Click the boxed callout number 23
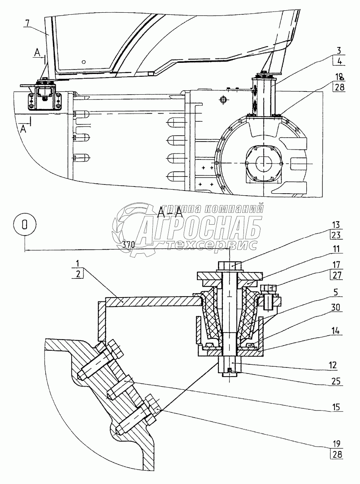(x=337, y=235)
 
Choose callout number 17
(x=337, y=264)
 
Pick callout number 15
(x=337, y=408)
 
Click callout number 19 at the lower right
(x=337, y=443)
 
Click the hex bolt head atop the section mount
(x=230, y=265)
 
